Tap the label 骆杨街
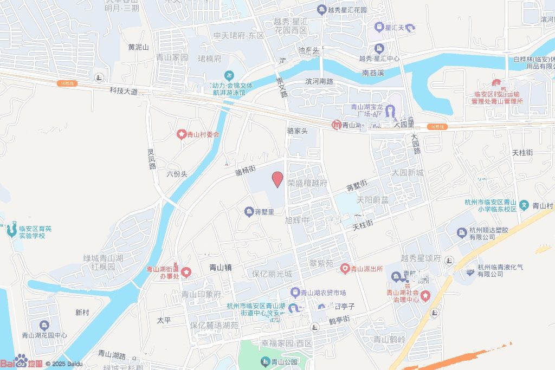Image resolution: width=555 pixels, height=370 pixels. (246, 171)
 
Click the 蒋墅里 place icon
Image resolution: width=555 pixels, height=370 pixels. (249, 211)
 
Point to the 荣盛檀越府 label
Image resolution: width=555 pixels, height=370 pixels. (307, 183)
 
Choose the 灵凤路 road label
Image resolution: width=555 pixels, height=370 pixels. (151, 160)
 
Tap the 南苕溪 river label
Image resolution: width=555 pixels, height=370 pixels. (373, 72)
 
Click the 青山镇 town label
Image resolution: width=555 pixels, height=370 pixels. (221, 267)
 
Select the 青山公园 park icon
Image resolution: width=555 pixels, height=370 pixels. (265, 362)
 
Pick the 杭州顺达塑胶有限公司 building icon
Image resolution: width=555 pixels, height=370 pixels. (461, 233)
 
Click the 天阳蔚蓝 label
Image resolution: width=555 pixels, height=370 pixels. (372, 200)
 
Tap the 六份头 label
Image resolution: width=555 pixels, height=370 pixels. (177, 174)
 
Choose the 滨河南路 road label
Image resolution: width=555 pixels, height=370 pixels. (319, 82)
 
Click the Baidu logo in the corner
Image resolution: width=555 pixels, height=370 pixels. (21, 362)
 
